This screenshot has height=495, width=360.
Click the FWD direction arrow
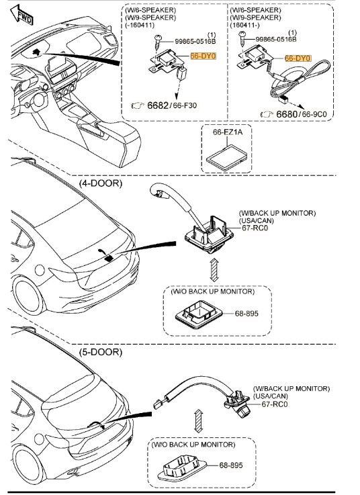pyautogui.click(x=21, y=15)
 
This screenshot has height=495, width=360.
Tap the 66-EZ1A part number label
pyautogui.click(x=228, y=132)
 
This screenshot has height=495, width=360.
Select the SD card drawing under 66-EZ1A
pyautogui.click(x=227, y=158)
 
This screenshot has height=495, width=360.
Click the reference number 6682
pyautogui.click(x=158, y=105)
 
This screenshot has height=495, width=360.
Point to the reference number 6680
pyautogui.click(x=286, y=114)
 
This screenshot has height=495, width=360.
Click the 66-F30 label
pyautogui.click(x=185, y=105)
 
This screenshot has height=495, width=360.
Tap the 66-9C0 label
pyautogui.click(x=314, y=114)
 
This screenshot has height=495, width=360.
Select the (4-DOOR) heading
pyautogui.click(x=101, y=183)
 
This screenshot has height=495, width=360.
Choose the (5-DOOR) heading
pyautogui.click(x=101, y=352)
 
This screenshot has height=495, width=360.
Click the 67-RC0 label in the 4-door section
pyautogui.click(x=255, y=228)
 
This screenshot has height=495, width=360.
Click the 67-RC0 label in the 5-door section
pyautogui.click(x=275, y=404)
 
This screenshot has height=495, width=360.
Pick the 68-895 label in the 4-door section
pyautogui.click(x=246, y=314)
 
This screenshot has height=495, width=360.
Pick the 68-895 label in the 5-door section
pyautogui.click(x=231, y=465)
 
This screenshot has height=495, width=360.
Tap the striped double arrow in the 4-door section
pyautogui.click(x=214, y=269)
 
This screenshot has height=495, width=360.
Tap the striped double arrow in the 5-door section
pyautogui.click(x=198, y=421)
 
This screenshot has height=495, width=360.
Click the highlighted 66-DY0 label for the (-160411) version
pyautogui.click(x=203, y=56)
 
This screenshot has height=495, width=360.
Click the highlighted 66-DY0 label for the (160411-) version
pyautogui.click(x=298, y=58)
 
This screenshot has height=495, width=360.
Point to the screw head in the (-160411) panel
pyautogui.click(x=158, y=38)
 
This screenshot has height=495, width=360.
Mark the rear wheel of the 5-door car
pyautogui.click(x=28, y=465)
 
